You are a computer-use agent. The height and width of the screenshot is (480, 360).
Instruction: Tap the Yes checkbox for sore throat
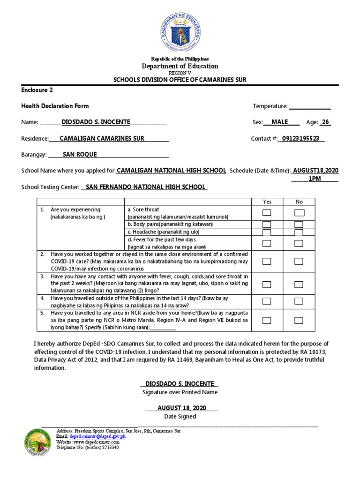267,213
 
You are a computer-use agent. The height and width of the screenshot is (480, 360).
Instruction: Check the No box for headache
299,232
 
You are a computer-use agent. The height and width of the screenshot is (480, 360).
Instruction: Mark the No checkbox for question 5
299,320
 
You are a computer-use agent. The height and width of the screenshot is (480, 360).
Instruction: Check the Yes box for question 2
267,261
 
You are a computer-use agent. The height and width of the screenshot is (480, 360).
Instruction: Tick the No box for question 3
299,284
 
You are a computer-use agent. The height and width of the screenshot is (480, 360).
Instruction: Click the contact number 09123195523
300,138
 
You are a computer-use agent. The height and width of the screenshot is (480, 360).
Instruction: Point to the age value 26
326,122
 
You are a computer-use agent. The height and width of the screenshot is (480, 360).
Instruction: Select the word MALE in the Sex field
279,122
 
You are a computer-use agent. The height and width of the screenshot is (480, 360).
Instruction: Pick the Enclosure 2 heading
40,90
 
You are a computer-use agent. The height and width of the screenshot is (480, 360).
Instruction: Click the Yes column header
267,202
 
